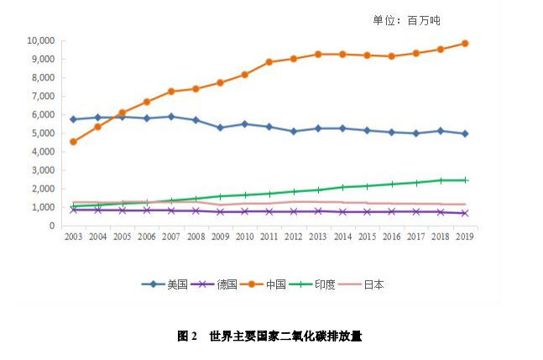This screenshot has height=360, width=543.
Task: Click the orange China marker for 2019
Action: (x=464, y=44)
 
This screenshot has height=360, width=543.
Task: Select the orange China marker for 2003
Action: (x=74, y=142)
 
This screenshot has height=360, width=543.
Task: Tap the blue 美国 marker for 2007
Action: (x=171, y=117)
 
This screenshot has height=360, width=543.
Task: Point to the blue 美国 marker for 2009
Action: (x=220, y=128)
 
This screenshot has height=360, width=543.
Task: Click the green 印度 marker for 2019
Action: (x=464, y=180)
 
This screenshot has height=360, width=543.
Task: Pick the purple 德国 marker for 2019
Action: (x=464, y=213)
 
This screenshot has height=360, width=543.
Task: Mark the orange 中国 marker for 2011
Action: (x=269, y=62)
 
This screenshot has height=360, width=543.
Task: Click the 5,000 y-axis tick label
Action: (x=43, y=133)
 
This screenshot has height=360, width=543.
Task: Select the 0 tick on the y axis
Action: (x=52, y=226)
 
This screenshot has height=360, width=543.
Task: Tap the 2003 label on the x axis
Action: (x=74, y=238)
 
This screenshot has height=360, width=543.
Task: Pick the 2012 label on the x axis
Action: (x=294, y=238)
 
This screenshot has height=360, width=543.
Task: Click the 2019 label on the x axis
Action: (x=464, y=238)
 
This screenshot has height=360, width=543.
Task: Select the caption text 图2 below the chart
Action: (x=186, y=336)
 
